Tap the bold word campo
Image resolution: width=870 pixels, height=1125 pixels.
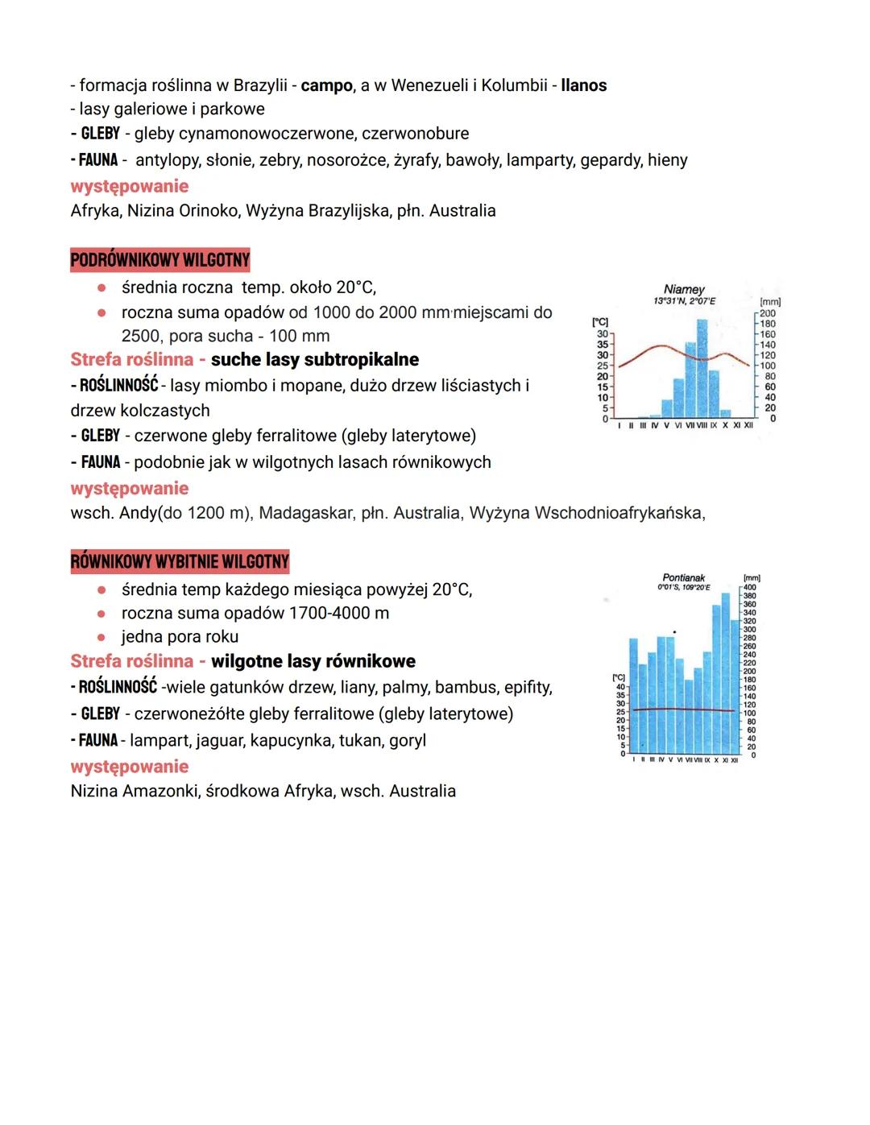point(326,85)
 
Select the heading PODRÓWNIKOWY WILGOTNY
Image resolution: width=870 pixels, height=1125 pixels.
point(159,260)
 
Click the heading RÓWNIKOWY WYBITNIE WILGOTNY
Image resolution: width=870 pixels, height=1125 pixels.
point(180,561)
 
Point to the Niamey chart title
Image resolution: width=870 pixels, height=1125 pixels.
point(684,289)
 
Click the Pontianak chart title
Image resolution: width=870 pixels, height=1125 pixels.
point(683,577)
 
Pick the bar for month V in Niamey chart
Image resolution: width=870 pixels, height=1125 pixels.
point(666,408)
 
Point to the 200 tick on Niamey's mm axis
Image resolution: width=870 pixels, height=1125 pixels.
point(768,313)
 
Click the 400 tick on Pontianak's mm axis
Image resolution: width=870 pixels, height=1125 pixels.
point(750,588)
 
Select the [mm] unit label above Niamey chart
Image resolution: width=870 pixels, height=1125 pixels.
point(770,302)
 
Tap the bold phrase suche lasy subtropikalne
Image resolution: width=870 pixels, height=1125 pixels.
point(315,359)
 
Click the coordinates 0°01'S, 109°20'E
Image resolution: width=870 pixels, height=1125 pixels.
point(684,588)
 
